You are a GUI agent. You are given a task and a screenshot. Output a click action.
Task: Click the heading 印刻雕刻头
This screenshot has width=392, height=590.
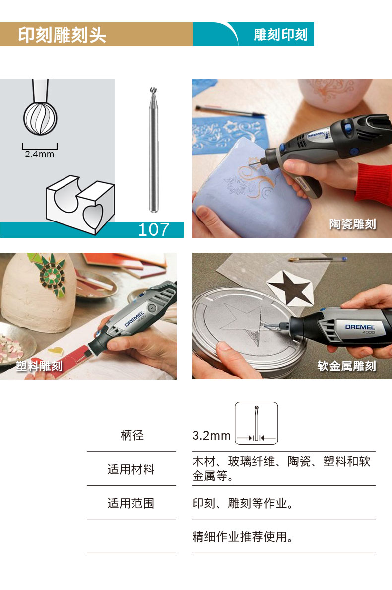(62, 35)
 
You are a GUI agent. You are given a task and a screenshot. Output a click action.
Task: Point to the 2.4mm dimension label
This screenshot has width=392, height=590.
(40, 154)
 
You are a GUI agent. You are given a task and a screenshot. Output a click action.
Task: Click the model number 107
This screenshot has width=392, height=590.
(154, 229)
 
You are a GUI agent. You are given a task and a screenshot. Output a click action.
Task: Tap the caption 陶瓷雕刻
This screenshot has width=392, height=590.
(352, 224)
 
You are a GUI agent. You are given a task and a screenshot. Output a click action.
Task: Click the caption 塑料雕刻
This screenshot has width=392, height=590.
(39, 366)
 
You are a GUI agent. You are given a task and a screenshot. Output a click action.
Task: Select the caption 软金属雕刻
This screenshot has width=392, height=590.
(346, 366)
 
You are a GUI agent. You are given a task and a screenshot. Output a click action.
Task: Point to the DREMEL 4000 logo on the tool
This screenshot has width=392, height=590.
(360, 328)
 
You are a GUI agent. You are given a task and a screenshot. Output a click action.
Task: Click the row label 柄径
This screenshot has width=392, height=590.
(132, 435)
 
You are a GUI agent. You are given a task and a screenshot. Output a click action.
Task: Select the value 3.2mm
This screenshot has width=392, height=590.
(211, 436)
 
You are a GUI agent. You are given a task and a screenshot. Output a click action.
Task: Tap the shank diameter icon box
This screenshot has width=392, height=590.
(257, 423)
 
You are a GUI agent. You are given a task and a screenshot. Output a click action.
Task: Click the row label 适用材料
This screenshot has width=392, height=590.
(131, 469)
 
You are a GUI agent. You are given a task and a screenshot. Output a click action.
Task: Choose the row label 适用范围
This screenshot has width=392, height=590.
(131, 503)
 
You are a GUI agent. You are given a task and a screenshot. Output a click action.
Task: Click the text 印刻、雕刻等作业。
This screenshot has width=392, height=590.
(243, 503)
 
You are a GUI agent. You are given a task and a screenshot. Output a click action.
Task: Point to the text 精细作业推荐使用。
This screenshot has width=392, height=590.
(243, 536)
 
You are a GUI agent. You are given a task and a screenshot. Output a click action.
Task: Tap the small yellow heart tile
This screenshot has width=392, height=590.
(56, 351)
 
